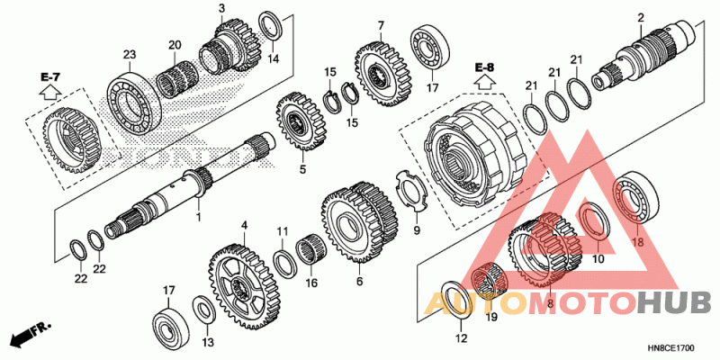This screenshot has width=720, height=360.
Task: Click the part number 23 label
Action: click(130, 55)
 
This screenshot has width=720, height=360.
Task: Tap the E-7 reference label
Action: click(49, 76)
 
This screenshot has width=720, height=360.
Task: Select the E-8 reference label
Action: click(485, 68)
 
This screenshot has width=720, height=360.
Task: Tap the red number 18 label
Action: click(638, 242)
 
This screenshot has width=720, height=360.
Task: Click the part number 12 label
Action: click(461, 338)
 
